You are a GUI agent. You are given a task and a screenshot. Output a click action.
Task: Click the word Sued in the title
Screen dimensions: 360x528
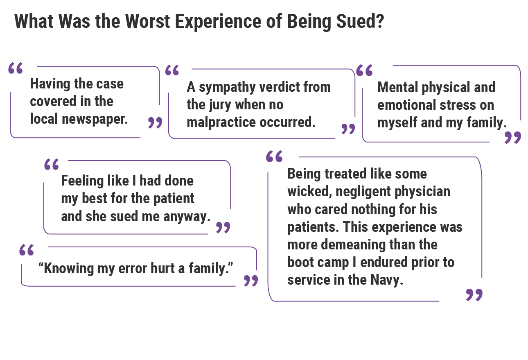point(360,21)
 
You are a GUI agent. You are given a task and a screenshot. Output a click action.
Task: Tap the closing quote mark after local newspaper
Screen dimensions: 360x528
point(155,122)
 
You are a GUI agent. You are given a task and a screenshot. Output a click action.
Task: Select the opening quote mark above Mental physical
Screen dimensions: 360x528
point(364,70)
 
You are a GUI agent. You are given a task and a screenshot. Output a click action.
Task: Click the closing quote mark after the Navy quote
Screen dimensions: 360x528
point(474,294)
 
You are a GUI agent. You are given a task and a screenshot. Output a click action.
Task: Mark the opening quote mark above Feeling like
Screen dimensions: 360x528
point(52,165)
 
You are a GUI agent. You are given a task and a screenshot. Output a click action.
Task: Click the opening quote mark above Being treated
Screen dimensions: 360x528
point(274,156)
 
